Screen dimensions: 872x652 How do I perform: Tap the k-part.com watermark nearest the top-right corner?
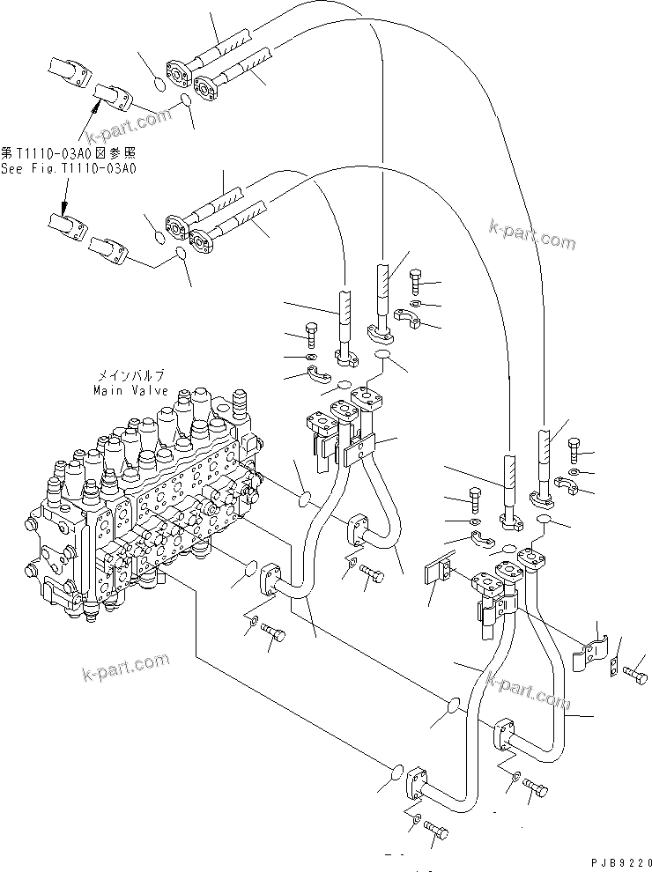coord(532,235)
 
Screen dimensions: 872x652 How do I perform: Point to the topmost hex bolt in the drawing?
coord(418,282)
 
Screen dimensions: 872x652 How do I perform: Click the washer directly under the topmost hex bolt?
coord(415,304)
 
